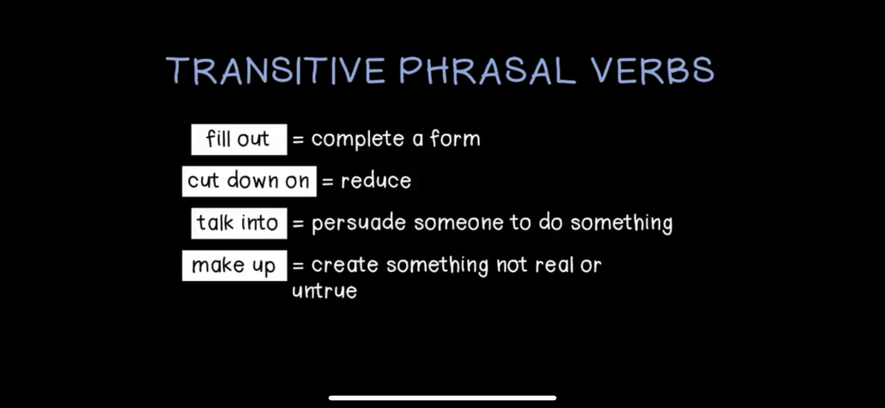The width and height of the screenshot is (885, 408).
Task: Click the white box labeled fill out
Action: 239,139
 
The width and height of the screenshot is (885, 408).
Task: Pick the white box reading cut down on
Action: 249,182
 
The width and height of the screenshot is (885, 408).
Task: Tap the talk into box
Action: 239,223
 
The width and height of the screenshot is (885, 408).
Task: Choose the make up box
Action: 234,265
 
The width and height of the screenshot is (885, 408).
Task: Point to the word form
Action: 455,138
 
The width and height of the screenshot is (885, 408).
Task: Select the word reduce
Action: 376,182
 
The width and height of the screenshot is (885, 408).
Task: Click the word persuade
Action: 359,224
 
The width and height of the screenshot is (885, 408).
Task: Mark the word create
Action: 344,265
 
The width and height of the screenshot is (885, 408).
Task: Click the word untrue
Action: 325,291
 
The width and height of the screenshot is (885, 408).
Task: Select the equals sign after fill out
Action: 298,140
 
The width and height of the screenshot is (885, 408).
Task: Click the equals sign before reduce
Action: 328,182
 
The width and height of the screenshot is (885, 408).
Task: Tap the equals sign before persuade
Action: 298,224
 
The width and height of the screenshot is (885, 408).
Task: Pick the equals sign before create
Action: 298,265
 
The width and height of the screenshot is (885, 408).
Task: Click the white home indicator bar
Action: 442,398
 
